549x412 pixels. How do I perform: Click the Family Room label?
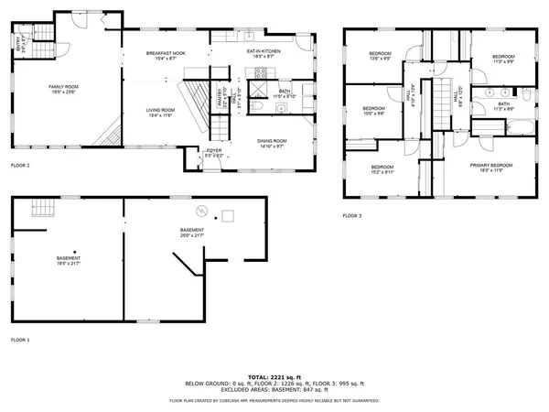point(65,88)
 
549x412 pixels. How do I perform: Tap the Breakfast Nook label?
point(165,56)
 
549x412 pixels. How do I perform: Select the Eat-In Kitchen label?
point(263,54)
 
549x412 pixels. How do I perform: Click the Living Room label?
point(161,113)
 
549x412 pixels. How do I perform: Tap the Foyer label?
point(214,152)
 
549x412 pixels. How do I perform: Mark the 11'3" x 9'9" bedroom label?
point(503,60)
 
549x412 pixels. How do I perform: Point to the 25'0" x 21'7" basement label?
point(192,233)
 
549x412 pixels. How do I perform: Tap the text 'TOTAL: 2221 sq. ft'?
point(274,375)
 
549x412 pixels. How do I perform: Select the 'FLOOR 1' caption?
point(20,340)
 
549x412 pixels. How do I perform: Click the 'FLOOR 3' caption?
point(352,215)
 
